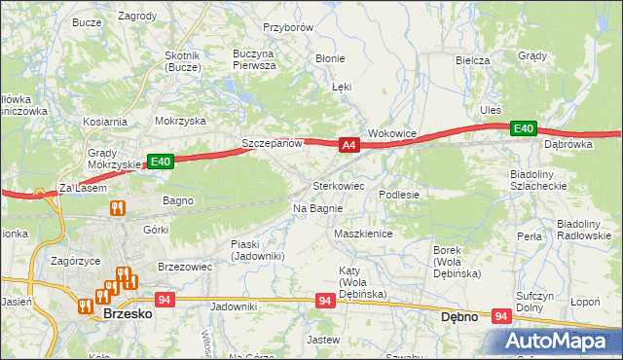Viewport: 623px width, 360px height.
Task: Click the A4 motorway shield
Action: (350, 145)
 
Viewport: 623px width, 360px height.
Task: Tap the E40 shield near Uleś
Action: (524, 128)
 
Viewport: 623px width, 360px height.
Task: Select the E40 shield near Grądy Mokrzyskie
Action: (161, 162)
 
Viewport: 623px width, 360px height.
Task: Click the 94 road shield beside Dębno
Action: (502, 316)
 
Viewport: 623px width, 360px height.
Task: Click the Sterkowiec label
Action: (338, 185)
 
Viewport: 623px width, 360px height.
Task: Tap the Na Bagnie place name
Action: (317, 208)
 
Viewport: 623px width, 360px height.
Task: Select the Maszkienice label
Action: (362, 234)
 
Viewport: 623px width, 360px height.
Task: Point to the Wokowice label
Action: (392, 133)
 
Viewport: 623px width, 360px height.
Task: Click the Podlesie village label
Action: (399, 195)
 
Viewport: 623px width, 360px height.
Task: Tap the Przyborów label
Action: (288, 28)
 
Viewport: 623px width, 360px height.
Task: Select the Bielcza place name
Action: (472, 60)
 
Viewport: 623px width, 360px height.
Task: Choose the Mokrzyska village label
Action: (180, 122)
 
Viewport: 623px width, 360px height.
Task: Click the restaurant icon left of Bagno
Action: (118, 207)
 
